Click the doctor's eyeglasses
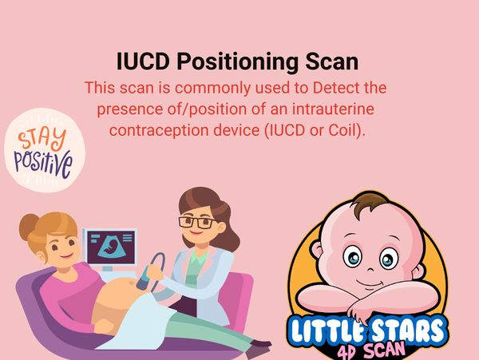point(195,221)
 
